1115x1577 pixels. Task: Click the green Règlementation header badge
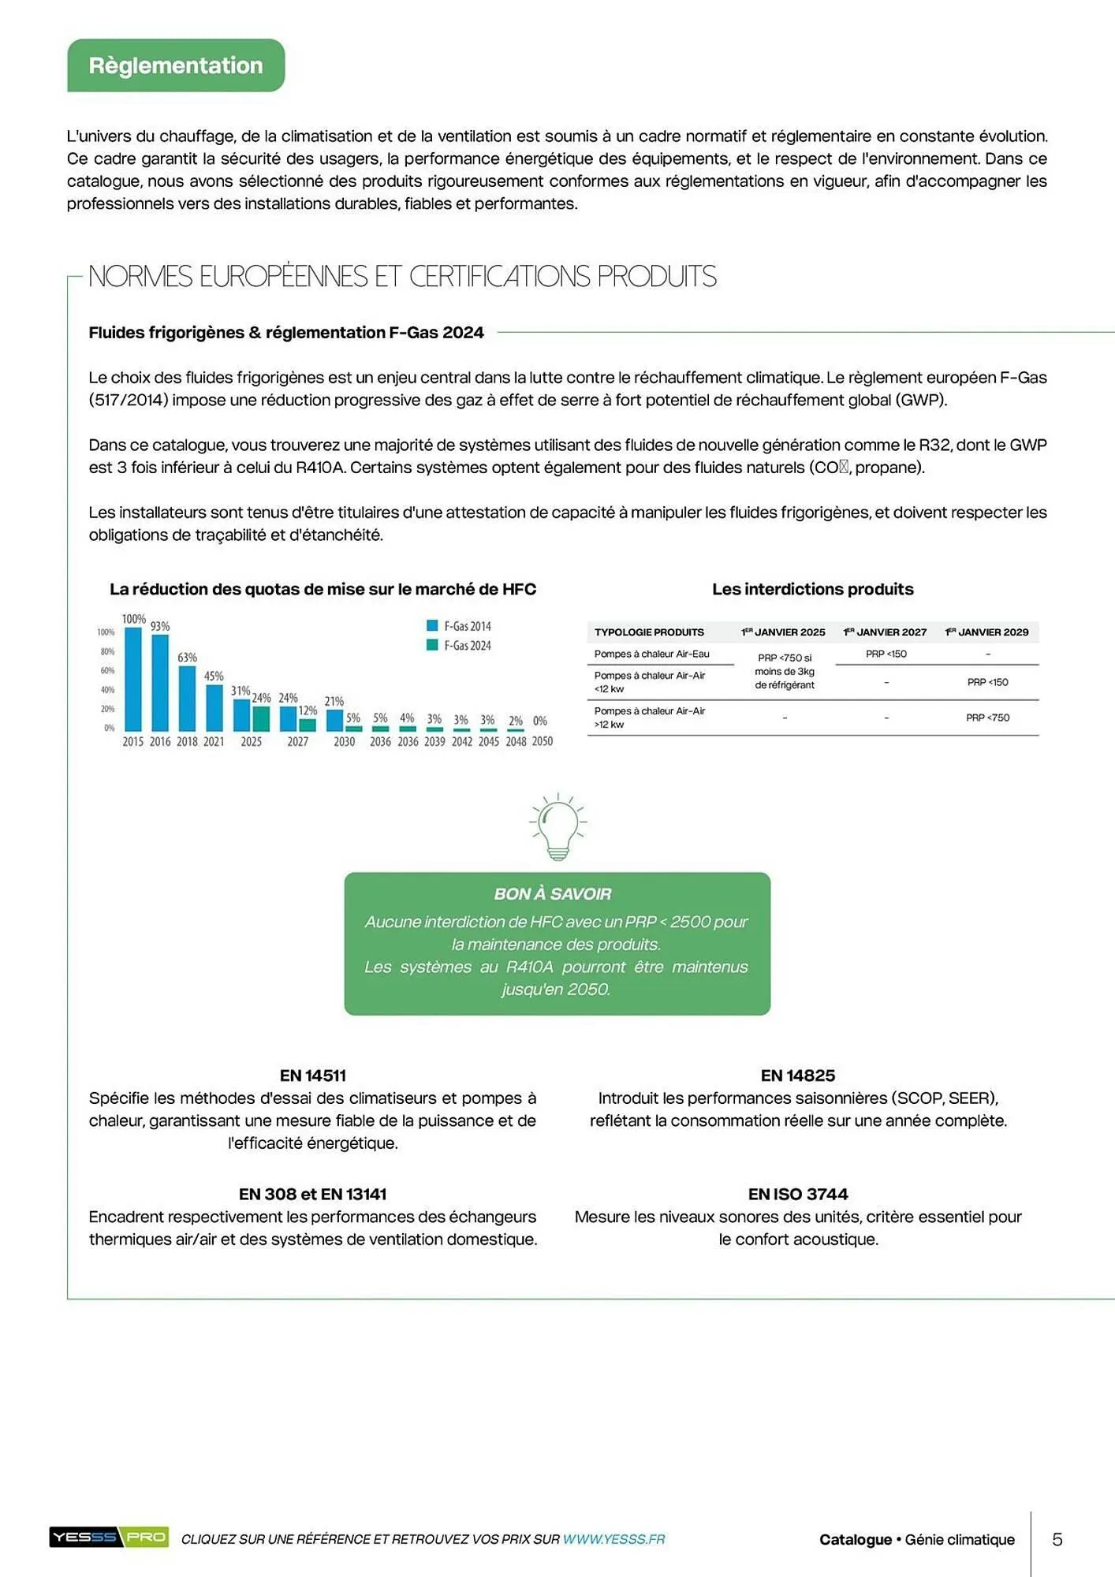tap(176, 65)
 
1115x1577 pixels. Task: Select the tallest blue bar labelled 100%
tap(133, 678)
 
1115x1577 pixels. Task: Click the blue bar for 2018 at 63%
tap(187, 698)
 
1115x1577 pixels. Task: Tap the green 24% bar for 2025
tap(261, 718)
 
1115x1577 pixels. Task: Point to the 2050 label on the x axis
tap(543, 741)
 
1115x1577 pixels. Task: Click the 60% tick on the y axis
tap(107, 670)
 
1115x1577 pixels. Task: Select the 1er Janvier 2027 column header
tap(885, 632)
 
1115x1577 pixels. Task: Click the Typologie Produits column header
tap(649, 632)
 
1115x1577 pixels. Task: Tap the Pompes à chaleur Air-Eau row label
tap(652, 654)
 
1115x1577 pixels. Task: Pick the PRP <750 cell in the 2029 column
tap(987, 718)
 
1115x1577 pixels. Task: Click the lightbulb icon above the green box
tap(557, 826)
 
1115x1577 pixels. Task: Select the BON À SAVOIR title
tap(553, 894)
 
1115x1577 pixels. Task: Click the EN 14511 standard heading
tap(313, 1076)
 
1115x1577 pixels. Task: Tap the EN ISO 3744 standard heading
tap(798, 1194)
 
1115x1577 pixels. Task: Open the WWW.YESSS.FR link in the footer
tap(613, 1538)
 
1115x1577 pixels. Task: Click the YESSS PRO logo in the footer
tap(109, 1537)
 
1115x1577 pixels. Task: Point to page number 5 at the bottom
tap(1057, 1539)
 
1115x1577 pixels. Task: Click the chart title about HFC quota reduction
tap(323, 589)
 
